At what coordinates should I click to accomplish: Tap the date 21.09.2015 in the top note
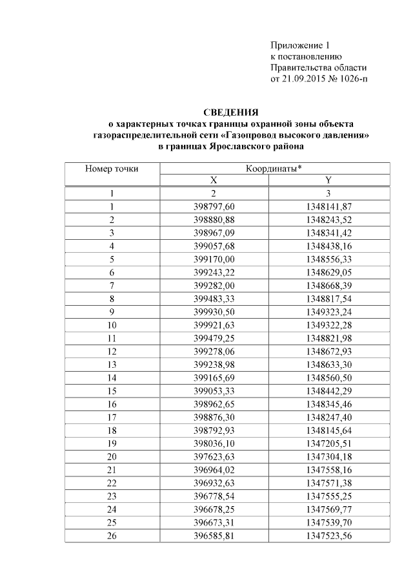[303, 79]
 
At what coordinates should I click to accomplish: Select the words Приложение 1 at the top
[299, 46]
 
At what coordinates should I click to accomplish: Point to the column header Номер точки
[112, 169]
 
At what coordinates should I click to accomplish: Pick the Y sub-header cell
[328, 181]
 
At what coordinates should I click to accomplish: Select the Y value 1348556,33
[328, 257]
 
